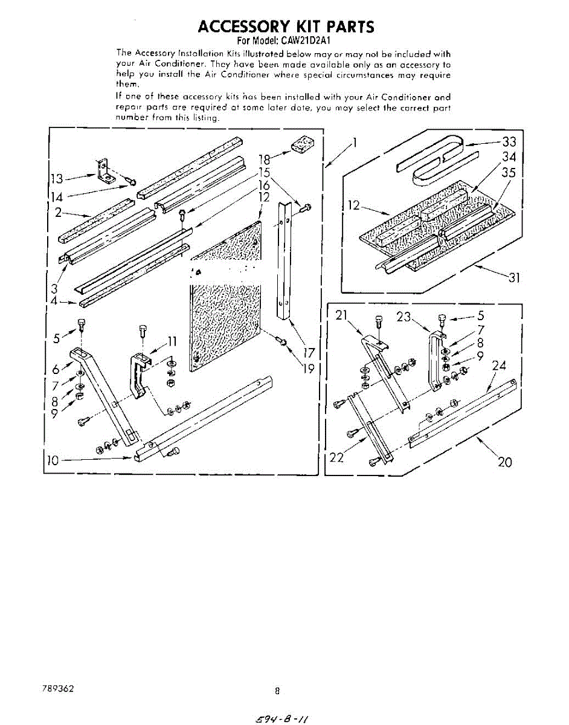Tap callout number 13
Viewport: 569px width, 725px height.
57,178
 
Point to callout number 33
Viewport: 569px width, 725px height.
510,142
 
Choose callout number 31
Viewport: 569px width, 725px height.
513,279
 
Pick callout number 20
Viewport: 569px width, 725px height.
505,462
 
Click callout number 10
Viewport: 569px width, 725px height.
53,460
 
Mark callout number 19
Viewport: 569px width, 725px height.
309,368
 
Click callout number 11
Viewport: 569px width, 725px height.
172,339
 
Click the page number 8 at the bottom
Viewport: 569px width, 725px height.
277,691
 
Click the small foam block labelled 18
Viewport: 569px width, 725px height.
300,144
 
